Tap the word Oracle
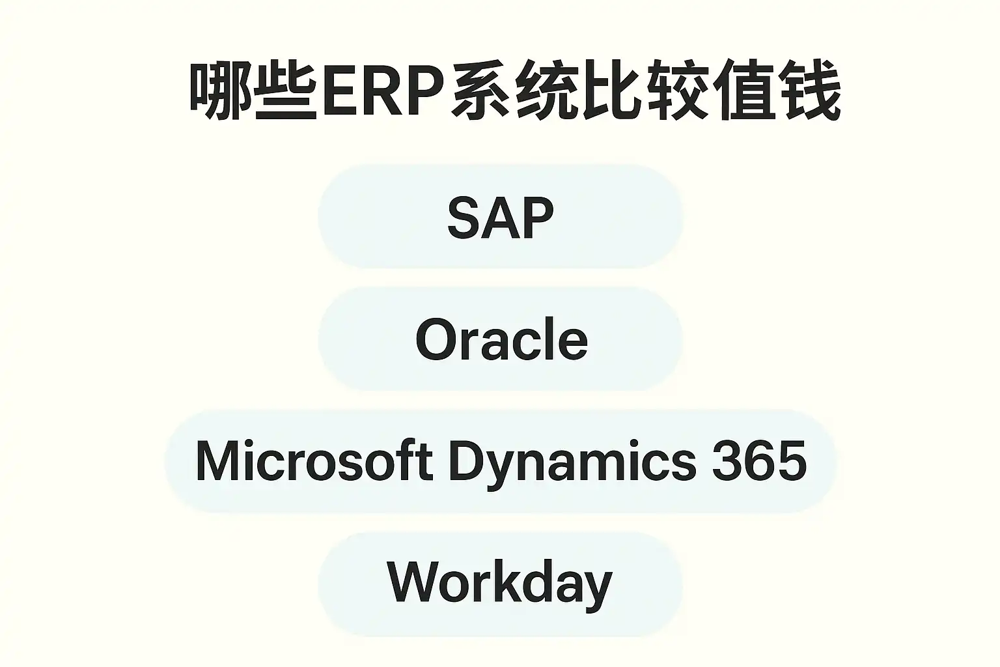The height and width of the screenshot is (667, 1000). click(501, 339)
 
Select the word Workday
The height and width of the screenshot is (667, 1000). click(499, 582)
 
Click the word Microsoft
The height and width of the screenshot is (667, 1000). click(314, 461)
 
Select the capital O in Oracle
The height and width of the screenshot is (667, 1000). click(436, 339)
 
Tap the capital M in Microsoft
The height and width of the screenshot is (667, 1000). click(215, 461)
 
